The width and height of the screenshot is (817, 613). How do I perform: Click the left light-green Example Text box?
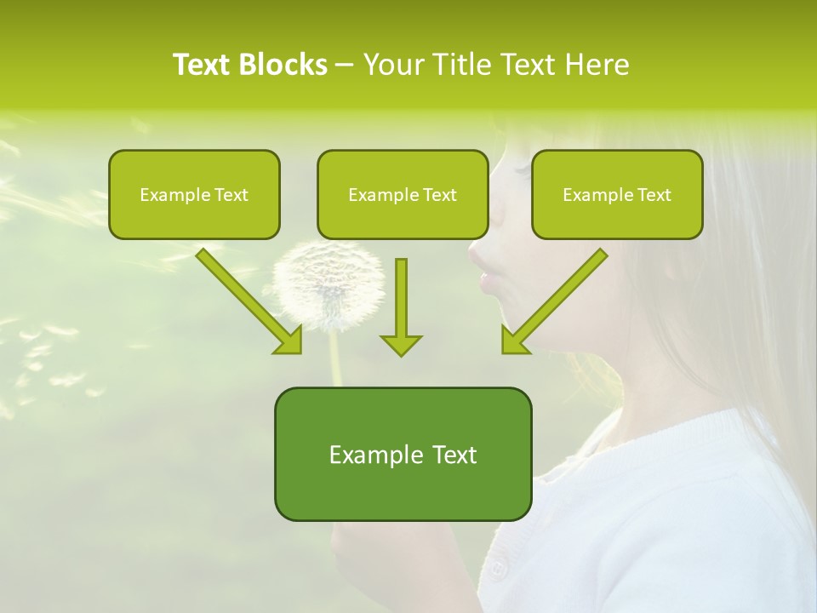(x=194, y=194)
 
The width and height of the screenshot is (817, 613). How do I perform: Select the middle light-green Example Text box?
(x=403, y=194)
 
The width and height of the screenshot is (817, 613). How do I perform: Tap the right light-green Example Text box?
(x=617, y=194)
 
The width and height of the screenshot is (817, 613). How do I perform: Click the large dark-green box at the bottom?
(x=403, y=454)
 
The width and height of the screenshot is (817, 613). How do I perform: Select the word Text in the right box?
(x=654, y=195)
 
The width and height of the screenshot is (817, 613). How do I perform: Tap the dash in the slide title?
(x=345, y=66)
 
